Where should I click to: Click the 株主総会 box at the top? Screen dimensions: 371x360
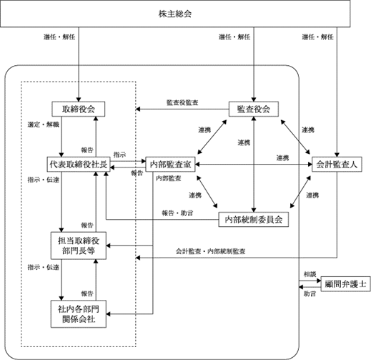(175, 14)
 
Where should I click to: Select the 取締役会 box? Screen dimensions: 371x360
(79, 109)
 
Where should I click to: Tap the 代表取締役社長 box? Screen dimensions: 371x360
(79, 164)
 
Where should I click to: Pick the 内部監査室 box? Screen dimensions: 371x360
(170, 164)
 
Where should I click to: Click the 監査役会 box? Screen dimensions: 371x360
(254, 109)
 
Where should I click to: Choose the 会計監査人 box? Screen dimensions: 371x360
(337, 164)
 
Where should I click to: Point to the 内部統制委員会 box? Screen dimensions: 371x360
(254, 219)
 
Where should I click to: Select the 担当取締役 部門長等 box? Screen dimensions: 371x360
(79, 245)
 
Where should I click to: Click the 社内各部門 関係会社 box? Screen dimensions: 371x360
(79, 314)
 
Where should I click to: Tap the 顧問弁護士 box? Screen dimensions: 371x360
(345, 284)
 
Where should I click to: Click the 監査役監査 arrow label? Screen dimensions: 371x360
(182, 102)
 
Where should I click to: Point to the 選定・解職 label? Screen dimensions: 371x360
(43, 125)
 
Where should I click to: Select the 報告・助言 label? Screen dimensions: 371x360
(177, 213)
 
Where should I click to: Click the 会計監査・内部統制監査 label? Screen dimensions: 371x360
(211, 251)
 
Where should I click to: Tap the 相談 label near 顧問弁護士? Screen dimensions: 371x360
(310, 274)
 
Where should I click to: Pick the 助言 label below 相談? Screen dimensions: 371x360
(310, 294)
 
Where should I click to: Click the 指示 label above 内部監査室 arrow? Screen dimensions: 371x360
(119, 155)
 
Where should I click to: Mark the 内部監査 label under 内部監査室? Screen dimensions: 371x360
(169, 178)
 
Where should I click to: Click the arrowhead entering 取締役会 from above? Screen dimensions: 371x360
(79, 99)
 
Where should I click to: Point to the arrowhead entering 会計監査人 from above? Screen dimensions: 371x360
(337, 155)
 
